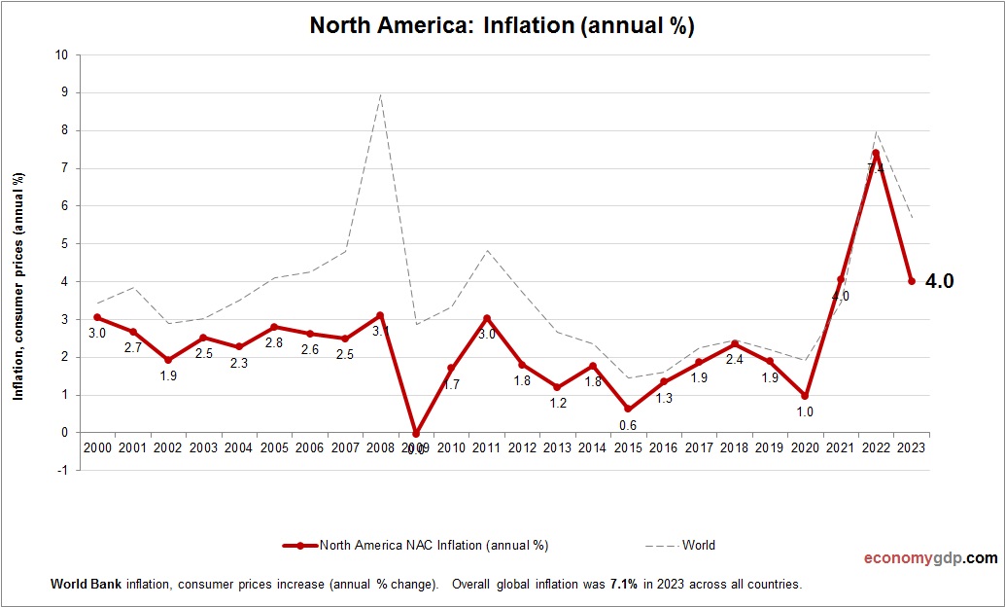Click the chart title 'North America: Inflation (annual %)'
(x=502, y=25)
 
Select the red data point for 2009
(x=416, y=434)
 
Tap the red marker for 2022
(x=876, y=153)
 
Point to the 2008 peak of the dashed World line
(x=380, y=94)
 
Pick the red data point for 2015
(x=628, y=410)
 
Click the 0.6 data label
(x=628, y=425)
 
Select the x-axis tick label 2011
(x=486, y=447)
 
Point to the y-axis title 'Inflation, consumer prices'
(x=17, y=286)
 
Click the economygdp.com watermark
(x=930, y=558)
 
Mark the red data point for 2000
(x=97, y=317)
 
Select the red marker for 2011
(x=486, y=318)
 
